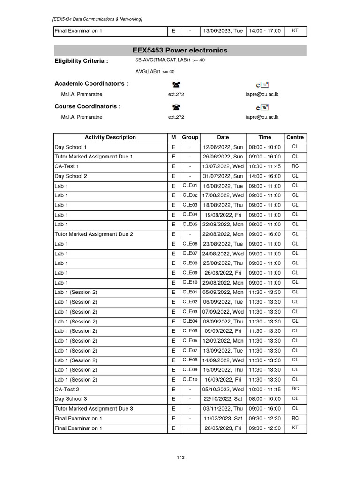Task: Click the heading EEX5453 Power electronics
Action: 180,51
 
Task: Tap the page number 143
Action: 180,457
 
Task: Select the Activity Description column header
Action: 110,137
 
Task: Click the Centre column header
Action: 295,137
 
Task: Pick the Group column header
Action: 190,137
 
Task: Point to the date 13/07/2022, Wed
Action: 223,166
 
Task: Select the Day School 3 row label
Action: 71,399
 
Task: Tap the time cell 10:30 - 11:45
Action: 264,166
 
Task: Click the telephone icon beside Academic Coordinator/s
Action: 176,84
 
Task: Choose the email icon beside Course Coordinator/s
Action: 262,107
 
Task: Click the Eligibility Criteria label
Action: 81,61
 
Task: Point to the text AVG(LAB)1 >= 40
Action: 155,72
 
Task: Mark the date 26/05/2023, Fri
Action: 223,428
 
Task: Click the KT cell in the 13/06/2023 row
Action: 295,31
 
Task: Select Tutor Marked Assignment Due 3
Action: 94,408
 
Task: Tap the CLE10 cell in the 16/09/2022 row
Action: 190,379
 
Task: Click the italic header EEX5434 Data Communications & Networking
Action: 97,19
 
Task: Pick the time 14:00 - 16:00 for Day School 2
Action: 264,176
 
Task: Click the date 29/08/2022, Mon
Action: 223,283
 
